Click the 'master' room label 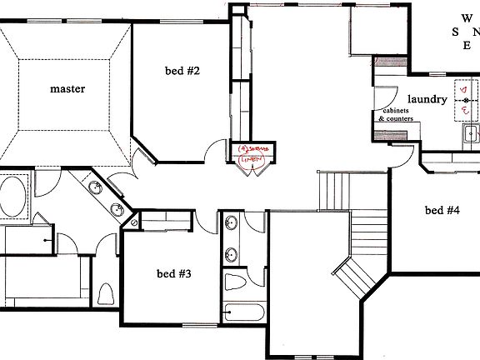pyautogui.click(x=67, y=88)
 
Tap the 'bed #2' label pyautogui.click(x=182, y=71)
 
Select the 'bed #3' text pyautogui.click(x=174, y=272)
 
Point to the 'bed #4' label pyautogui.click(x=442, y=210)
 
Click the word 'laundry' pyautogui.click(x=427, y=99)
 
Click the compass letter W pyautogui.click(x=466, y=17)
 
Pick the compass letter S pyautogui.click(x=455, y=32)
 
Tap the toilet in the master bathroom pyautogui.click(x=105, y=293)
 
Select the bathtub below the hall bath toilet pyautogui.click(x=245, y=314)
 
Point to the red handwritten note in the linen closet pyautogui.click(x=253, y=154)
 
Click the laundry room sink pyautogui.click(x=471, y=132)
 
